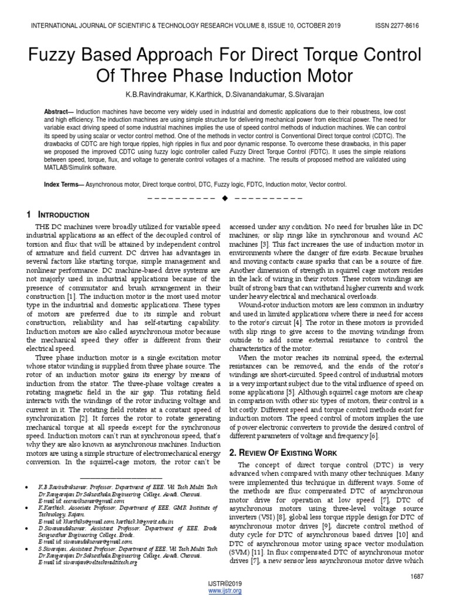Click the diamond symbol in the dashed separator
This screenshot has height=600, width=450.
[224, 200]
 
